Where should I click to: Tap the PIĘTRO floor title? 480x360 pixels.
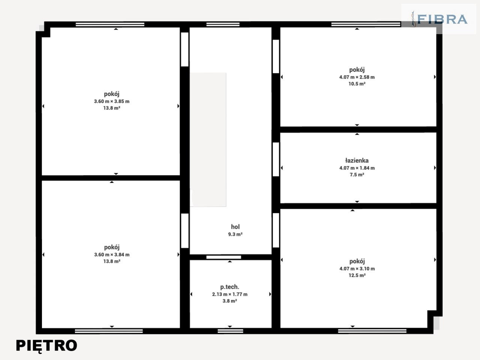coord(46,346)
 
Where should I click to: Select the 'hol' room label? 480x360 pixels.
coord(235,226)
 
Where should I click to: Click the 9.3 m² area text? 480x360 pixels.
coord(235,234)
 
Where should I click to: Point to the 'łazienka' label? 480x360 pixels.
coord(357,160)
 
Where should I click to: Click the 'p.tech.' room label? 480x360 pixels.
coord(229,287)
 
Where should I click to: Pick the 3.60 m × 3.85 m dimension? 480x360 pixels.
coord(112,101)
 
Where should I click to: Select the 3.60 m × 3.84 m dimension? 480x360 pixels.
coord(112,255)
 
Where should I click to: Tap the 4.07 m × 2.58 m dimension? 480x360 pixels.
coord(357,77)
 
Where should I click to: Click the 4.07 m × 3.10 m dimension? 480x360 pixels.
coord(357,268)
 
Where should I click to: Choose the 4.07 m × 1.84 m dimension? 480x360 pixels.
coord(357,168)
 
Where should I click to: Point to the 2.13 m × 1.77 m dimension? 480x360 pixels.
coord(229,294)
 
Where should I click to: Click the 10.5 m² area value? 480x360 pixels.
coord(357,84)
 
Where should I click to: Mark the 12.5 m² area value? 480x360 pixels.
coord(357,275)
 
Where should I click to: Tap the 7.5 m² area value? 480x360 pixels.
coord(357,175)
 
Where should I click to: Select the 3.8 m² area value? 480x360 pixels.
coord(229,301)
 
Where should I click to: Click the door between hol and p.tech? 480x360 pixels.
coord(224,257)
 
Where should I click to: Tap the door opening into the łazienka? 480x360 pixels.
coord(276,159)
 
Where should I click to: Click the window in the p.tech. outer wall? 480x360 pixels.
coord(230,331)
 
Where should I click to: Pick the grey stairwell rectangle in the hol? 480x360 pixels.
coord(208,139)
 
